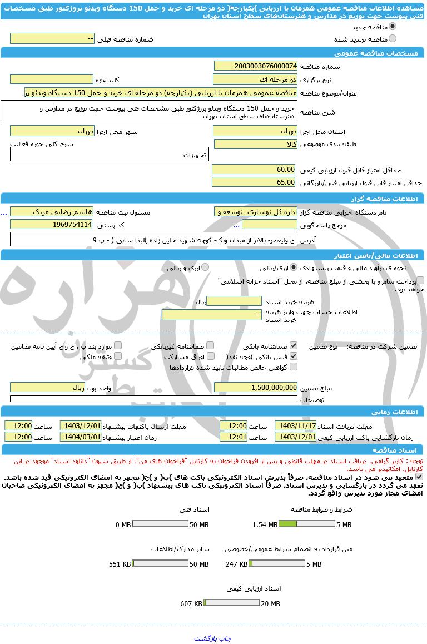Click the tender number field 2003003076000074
255,66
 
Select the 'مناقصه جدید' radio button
393,27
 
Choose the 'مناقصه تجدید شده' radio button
393,38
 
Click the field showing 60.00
255,170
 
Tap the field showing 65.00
255,182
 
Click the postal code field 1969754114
51,225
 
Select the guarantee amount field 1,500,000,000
255,387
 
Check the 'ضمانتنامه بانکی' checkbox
294,345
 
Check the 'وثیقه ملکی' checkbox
117,356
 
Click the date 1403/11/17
295,425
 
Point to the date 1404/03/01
81,437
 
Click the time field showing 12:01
233,437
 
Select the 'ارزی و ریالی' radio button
205,267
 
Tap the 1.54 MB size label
265,524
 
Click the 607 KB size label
191,604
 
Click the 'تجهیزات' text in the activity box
195,156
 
